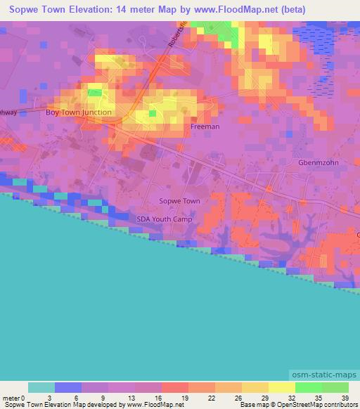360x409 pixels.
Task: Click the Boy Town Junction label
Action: click(x=78, y=112)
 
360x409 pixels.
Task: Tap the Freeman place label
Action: click(x=205, y=127)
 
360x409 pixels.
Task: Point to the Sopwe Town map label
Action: click(x=180, y=201)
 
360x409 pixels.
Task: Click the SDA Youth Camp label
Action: click(x=164, y=219)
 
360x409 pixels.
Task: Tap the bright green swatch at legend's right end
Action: click(x=335, y=387)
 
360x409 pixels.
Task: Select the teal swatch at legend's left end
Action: click(x=41, y=387)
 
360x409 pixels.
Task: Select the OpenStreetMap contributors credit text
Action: click(x=322, y=405)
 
